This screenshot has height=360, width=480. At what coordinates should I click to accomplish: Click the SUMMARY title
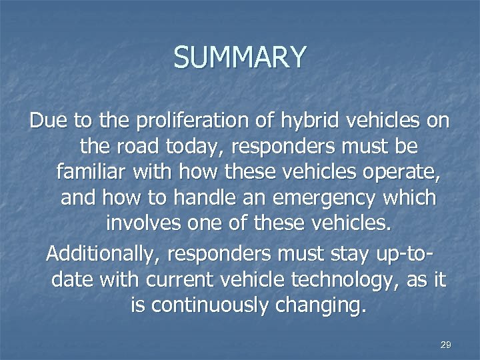pyautogui.click(x=240, y=57)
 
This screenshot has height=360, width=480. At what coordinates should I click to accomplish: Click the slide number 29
pyautogui.click(x=446, y=345)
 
